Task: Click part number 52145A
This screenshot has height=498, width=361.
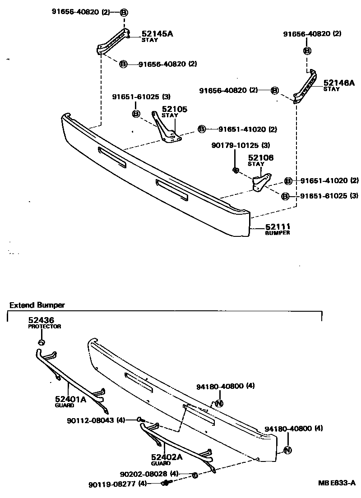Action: [x=157, y=33]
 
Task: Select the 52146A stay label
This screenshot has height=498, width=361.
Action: [x=339, y=83]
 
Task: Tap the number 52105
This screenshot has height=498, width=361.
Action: [x=174, y=109]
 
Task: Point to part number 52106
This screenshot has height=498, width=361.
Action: [x=260, y=158]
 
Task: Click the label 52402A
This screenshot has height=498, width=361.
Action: [x=167, y=456]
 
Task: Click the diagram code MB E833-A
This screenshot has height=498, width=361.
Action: [x=337, y=484]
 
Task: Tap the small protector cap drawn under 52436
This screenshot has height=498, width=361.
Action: [x=41, y=343]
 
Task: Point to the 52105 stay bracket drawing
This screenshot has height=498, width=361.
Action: [x=167, y=131]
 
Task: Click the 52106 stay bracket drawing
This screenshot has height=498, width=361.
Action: [x=261, y=181]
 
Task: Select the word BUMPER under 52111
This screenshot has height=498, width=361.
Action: [x=278, y=233]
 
